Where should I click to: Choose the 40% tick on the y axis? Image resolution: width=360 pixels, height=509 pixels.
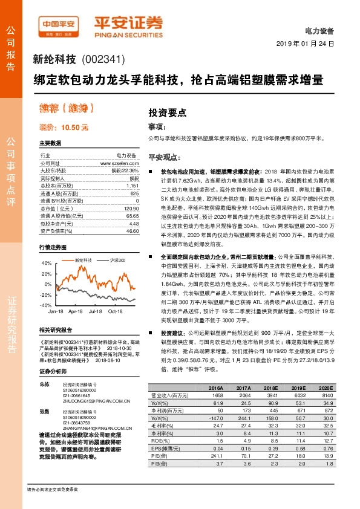click(47, 264)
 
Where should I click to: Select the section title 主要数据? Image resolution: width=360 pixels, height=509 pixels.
click(50, 143)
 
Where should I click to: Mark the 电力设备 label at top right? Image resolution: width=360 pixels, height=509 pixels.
click(320, 31)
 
